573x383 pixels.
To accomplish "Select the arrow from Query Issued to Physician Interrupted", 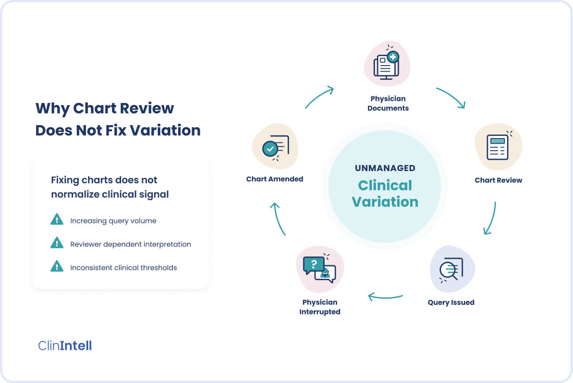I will pos(385,297).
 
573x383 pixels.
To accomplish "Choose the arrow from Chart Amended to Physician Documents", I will pos(319,96).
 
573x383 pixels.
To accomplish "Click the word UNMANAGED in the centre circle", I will pos(385,168).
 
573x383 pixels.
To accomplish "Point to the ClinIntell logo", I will pos(65,346).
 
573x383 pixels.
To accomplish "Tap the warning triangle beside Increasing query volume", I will pos(57,219).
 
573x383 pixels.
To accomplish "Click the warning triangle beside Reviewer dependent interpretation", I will pos(57,243).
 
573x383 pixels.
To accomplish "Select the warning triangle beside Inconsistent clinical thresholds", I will pos(57,266).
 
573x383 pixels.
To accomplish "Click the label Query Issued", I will pos(451,302).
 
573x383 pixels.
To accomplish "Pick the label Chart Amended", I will pos(275,179).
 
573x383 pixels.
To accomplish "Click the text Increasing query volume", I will pos(113,221).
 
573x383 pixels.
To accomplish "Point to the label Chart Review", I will pos(498,180).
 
